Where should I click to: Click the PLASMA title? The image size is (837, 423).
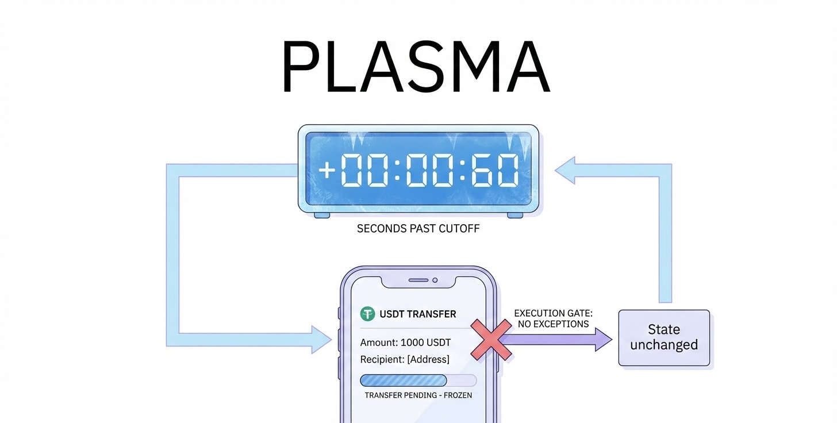point(416,68)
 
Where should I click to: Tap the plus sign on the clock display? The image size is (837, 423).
point(327,171)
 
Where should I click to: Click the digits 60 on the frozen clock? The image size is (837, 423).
point(494,171)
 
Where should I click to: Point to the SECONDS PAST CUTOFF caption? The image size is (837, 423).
point(418,229)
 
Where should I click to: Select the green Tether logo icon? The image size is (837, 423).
point(367,314)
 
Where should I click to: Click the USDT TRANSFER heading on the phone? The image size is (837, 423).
point(417,314)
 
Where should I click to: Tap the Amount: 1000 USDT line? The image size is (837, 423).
point(405,343)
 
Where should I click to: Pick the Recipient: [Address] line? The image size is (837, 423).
point(405,360)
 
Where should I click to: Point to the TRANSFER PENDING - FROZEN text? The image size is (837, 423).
point(418,395)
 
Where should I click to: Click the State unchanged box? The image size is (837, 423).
point(664,337)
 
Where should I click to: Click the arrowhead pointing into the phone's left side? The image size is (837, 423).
point(321,339)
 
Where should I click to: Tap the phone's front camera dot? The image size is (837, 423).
point(435,280)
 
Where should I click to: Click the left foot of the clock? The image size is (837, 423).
point(322,216)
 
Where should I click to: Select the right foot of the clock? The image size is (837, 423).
point(515,216)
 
